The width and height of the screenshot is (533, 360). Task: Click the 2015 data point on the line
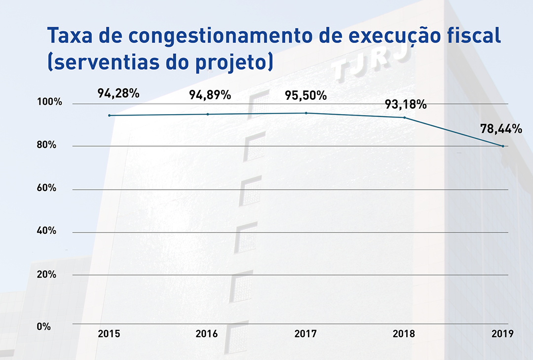[109, 116]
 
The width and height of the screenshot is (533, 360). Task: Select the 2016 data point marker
[207, 114]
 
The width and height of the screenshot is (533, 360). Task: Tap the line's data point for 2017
[306, 113]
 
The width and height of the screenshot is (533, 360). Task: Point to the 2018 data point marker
[405, 118]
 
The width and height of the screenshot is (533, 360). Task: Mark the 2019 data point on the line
[503, 146]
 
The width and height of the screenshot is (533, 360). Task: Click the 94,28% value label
[118, 93]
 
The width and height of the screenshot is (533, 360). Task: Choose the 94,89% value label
[210, 95]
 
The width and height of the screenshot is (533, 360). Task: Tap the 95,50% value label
[306, 95]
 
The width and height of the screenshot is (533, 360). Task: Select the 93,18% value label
[406, 105]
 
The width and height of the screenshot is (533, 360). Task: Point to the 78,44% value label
[501, 129]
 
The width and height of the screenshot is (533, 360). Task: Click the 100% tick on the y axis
[49, 102]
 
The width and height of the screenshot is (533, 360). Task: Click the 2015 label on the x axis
[109, 334]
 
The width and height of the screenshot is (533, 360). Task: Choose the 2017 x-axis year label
[306, 334]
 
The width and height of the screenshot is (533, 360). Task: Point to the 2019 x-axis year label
[503, 334]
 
